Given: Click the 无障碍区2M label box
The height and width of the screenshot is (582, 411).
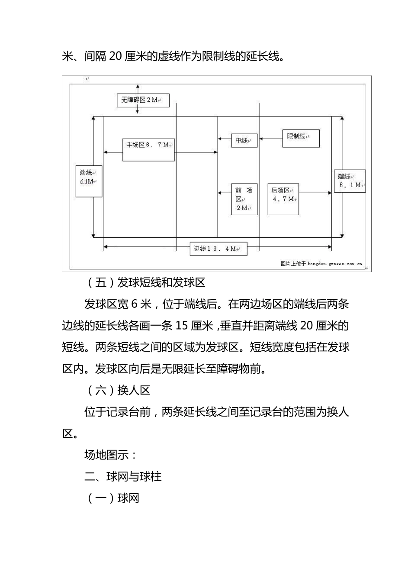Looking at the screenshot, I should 143,100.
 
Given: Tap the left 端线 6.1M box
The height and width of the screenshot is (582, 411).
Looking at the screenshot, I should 89,181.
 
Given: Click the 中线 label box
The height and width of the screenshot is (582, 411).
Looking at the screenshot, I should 244,140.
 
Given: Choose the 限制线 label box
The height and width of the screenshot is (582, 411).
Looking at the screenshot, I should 301,138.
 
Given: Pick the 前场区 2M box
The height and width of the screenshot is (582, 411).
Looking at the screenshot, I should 244,199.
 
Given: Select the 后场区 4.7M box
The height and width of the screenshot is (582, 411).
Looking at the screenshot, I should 283,199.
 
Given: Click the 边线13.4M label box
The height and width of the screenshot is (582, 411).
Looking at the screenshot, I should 218,249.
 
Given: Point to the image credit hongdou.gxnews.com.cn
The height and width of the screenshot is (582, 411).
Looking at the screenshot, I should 321,263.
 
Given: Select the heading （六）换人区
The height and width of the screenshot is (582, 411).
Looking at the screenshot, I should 117,390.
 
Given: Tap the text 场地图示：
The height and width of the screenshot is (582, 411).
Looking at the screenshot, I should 111,455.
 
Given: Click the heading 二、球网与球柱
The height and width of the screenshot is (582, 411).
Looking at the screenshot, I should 123,477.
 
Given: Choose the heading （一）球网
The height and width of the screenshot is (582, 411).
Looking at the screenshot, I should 112,498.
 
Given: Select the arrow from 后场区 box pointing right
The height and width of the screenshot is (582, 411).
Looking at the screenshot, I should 315,193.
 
